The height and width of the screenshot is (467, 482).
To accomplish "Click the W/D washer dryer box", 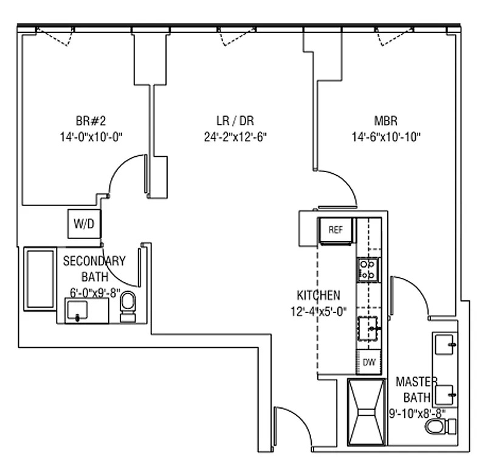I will [84, 224].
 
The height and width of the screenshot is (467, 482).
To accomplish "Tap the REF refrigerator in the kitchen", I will [336, 230].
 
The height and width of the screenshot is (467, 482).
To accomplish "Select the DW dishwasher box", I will [368, 362].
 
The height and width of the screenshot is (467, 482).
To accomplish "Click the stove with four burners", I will [368, 269].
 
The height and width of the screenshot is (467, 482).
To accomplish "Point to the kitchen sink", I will [368, 329].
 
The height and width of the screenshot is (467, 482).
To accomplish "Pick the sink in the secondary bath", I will [80, 311].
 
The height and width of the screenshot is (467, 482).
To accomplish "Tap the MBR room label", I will [386, 120].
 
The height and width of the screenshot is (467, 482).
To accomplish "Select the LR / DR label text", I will [235, 120].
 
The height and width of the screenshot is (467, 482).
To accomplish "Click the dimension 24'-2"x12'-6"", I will [236, 136].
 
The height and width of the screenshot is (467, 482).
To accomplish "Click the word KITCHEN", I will [318, 296].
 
